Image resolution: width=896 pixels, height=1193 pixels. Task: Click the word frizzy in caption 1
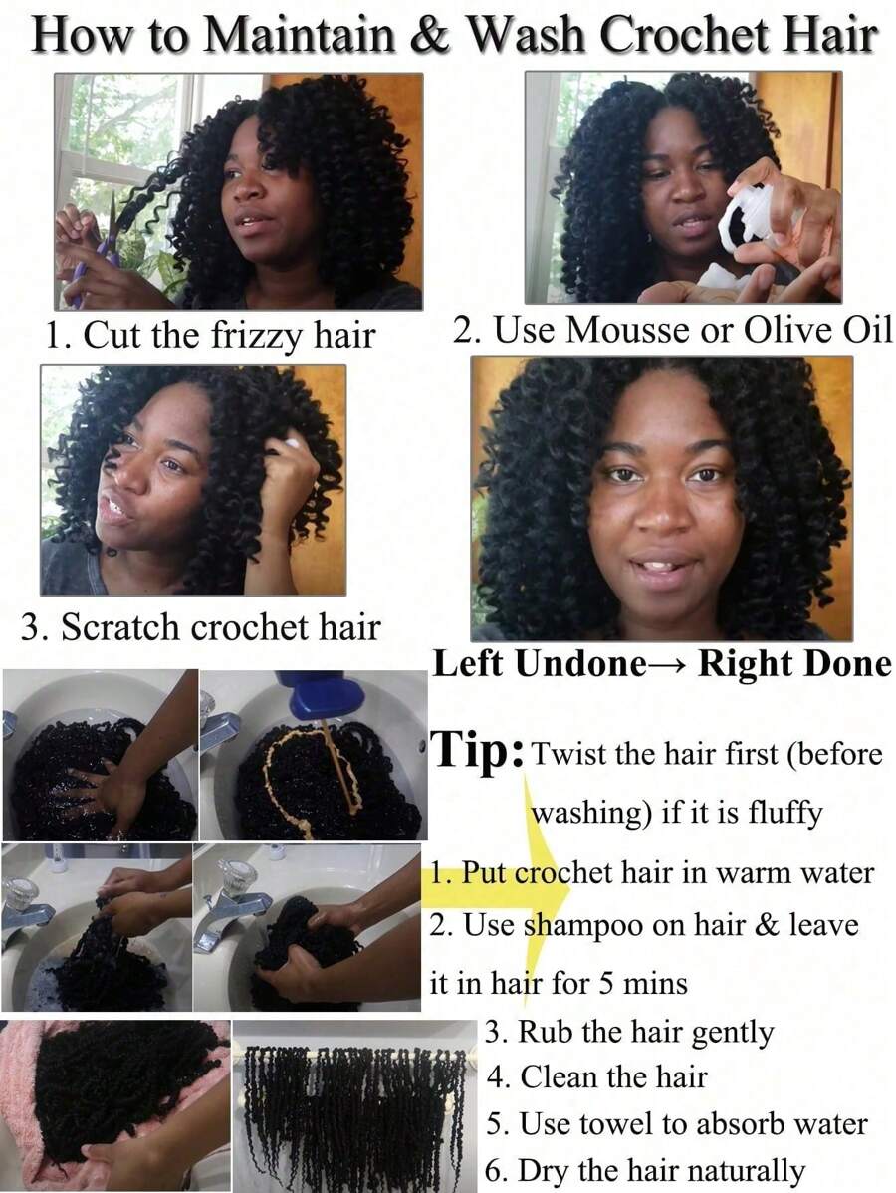(x=255, y=336)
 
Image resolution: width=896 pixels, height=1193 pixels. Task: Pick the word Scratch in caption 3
(x=120, y=627)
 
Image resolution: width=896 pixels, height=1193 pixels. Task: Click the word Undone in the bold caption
(x=580, y=663)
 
